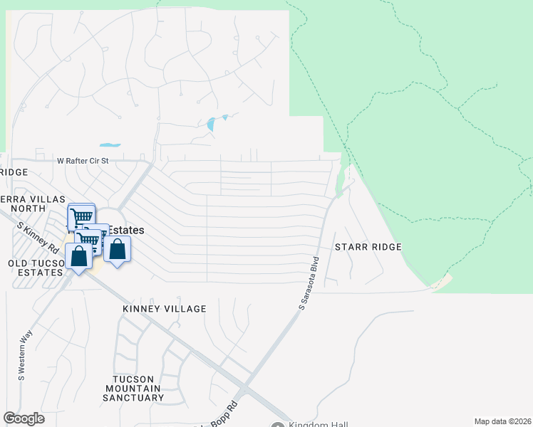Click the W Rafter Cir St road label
83,161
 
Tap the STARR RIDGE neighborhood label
368,247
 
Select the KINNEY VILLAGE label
165,309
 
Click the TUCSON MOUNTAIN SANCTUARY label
134,387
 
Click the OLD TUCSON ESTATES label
34,267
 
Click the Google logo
24,418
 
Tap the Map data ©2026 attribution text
502,421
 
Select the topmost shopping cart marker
81,216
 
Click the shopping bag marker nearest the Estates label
118,249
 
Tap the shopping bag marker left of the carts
78,256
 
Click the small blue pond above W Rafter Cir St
110,144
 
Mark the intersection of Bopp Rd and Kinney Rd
243,391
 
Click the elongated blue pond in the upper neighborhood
212,125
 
